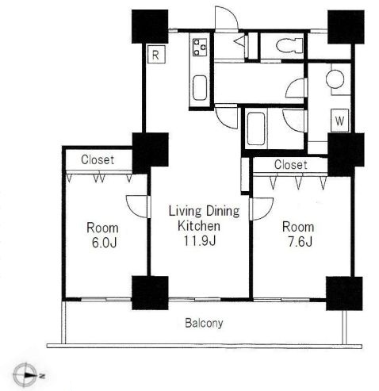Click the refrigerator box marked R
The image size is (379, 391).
click(x=156, y=55)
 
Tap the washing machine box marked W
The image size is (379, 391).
click(x=339, y=121)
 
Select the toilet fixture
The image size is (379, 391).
click(x=289, y=45)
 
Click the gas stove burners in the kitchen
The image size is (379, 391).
click(x=200, y=47)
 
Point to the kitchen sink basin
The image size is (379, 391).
click(x=200, y=88)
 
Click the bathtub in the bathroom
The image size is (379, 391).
click(x=256, y=128)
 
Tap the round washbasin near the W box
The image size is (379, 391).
click(x=335, y=79)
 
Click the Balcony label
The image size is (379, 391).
click(x=204, y=323)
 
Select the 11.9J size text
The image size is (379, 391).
click(x=200, y=240)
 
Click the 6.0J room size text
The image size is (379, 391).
click(x=104, y=243)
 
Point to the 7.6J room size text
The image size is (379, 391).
click(x=300, y=241)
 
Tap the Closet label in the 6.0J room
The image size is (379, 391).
click(x=98, y=159)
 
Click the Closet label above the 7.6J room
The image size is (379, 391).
click(x=291, y=165)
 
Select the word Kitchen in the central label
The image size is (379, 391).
click(x=199, y=226)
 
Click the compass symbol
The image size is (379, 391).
click(x=25, y=375)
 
